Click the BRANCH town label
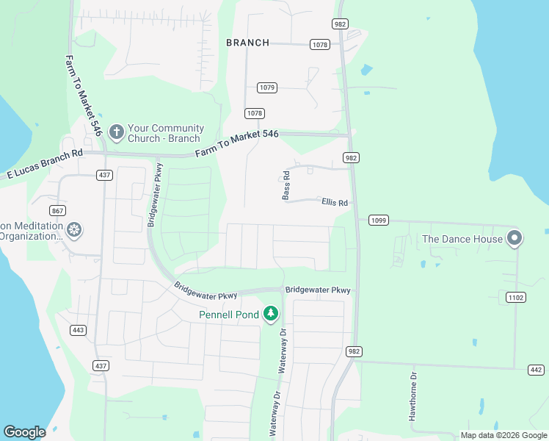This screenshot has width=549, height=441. click(247, 43)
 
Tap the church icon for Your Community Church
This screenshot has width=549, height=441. click(115, 132)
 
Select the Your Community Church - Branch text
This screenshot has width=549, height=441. click(164, 133)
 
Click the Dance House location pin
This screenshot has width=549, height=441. click(515, 238)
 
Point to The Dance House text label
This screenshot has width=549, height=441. click(462, 239)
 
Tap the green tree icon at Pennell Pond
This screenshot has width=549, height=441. click(271, 315)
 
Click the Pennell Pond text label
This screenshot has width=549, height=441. click(229, 315)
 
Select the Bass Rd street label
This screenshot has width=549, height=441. click(287, 185)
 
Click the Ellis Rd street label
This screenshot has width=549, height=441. click(334, 202)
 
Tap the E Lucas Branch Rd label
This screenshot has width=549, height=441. click(45, 165)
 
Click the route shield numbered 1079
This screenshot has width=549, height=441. click(267, 87)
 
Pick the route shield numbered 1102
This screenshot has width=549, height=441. click(516, 296)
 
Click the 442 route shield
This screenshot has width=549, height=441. click(536, 368)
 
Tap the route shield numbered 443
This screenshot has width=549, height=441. click(79, 330)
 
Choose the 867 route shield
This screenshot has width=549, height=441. click(58, 211)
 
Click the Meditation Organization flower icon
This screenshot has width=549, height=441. click(73, 230)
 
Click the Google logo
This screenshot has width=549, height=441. click(24, 432)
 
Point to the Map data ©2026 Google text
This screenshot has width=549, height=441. click(503, 435)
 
